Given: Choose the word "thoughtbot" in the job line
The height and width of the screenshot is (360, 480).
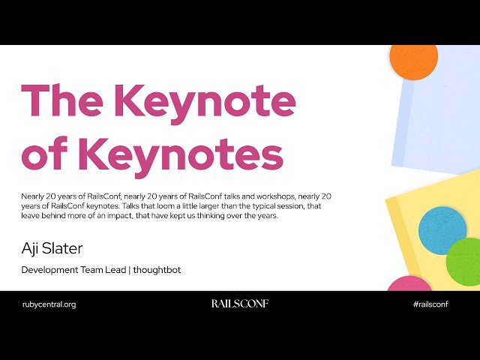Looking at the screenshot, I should [157, 269].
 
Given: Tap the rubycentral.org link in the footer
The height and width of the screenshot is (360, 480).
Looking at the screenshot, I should [49, 304].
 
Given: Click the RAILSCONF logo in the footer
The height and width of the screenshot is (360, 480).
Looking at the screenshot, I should [239, 304].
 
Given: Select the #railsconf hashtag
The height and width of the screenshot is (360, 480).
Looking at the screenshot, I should [430, 304].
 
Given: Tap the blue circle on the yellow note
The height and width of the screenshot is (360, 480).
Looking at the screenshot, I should [442, 230].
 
